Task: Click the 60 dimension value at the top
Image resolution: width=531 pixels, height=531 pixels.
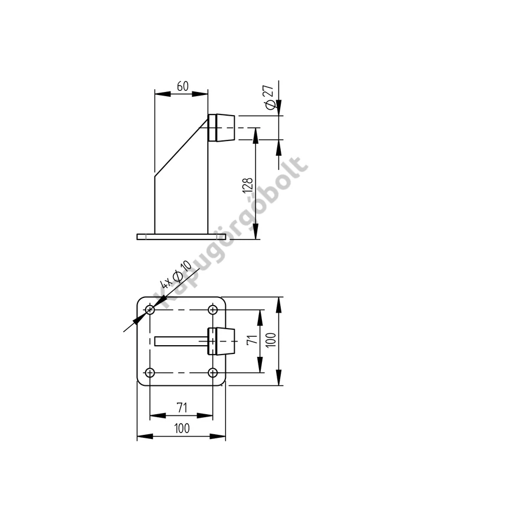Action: click(x=182, y=86)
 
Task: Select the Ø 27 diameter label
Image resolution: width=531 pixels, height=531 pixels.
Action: click(x=270, y=97)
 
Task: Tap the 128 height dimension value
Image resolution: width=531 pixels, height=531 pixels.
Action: click(x=248, y=185)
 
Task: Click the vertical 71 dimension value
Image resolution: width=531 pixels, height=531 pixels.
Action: click(x=253, y=339)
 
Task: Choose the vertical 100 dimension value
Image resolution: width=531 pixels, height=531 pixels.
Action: click(x=271, y=340)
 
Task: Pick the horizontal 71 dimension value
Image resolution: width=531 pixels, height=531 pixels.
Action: click(x=182, y=408)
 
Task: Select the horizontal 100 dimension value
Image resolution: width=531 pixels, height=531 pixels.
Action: click(x=182, y=428)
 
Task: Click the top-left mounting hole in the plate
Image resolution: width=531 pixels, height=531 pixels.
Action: click(x=150, y=310)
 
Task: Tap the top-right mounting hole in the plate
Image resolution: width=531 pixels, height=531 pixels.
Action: click(x=212, y=310)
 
